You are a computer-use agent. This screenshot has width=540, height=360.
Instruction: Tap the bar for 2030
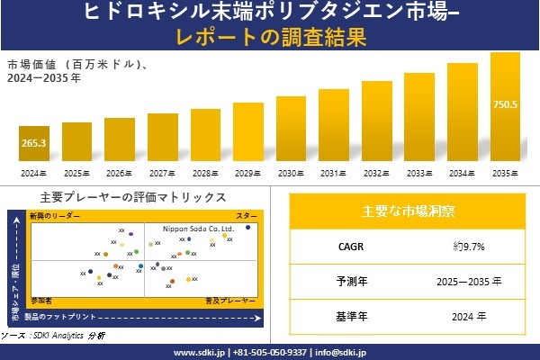(x=291, y=130)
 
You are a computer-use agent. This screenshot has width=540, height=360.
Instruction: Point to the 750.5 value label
(x=505, y=105)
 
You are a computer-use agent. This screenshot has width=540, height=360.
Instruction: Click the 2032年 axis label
(x=376, y=173)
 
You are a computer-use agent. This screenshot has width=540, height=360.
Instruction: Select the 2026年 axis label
(x=119, y=173)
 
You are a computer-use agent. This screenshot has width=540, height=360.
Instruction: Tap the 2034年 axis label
(x=462, y=173)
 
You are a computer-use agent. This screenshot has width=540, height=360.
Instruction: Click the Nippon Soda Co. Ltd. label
(x=197, y=229)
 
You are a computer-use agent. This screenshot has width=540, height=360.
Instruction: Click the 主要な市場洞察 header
(x=408, y=211)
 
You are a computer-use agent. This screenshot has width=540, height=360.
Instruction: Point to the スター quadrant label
(x=247, y=217)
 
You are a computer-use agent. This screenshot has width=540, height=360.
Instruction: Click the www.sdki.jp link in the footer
(x=198, y=352)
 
